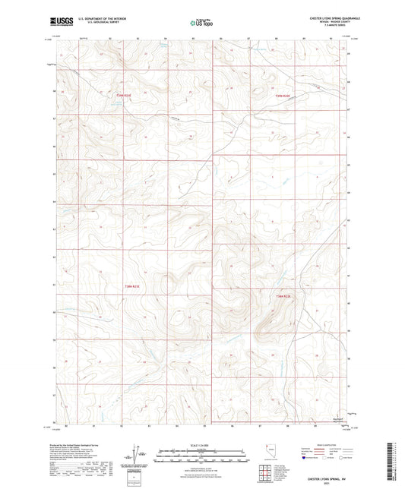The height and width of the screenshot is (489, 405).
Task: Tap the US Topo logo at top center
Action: pos(201,23)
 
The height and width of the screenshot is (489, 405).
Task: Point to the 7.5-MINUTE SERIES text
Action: pos(327,27)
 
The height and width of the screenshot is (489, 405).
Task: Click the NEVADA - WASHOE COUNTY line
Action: pos(327,23)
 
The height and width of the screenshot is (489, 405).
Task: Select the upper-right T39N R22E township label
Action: pos(283,95)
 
